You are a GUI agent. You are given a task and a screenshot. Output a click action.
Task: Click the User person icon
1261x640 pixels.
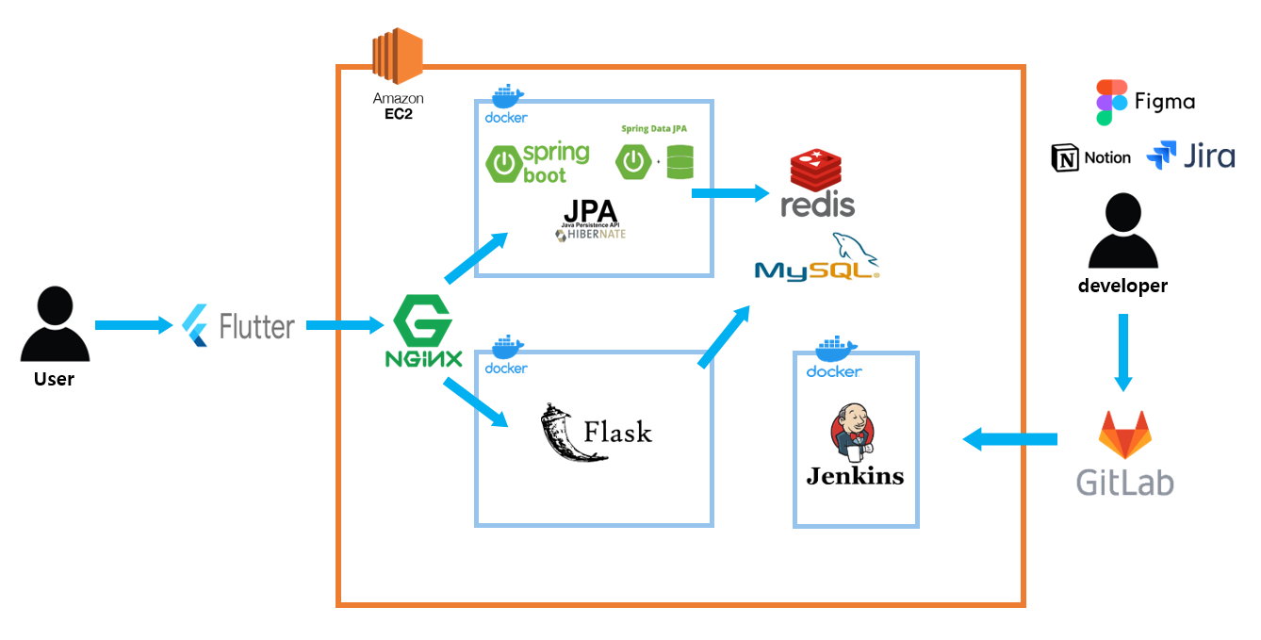point(55,325)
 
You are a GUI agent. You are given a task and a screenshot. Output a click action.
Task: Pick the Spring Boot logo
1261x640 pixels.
point(538,162)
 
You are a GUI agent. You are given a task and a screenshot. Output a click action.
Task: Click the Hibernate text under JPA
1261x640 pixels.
point(591,236)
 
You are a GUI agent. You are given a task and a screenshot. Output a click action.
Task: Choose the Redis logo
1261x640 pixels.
point(817,183)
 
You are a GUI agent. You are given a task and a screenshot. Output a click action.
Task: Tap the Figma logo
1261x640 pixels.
point(1111,102)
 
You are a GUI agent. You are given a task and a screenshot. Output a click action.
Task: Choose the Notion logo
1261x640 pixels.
point(1066,158)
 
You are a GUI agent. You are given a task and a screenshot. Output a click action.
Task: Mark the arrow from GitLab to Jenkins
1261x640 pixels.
point(1009,438)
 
